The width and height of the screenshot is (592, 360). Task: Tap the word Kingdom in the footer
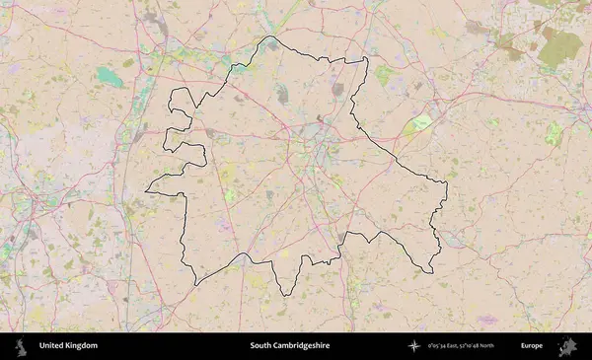click(83, 346)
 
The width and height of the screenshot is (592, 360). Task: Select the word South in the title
click(260, 346)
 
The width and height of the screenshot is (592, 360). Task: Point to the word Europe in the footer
click(532, 346)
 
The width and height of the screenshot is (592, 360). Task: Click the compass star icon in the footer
click(415, 346)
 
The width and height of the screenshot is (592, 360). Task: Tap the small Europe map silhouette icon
click(567, 346)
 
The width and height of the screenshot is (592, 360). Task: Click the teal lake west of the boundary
click(111, 77)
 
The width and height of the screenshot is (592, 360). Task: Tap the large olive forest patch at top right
click(559, 46)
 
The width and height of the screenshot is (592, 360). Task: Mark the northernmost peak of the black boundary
click(270, 37)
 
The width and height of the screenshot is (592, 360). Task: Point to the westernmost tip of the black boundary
click(146, 189)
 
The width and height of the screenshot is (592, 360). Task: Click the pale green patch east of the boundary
click(421, 123)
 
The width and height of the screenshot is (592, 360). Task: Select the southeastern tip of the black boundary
click(430, 273)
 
